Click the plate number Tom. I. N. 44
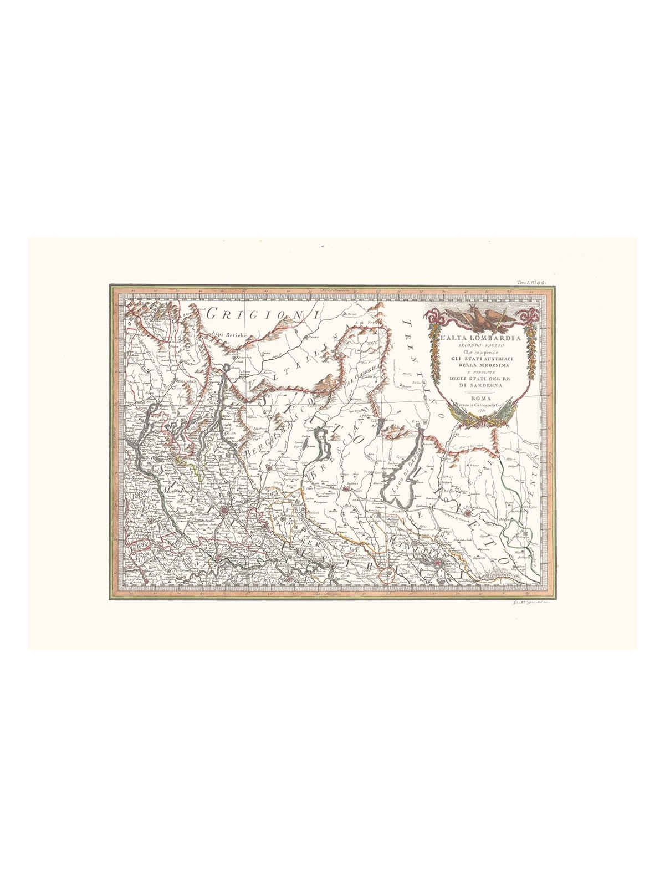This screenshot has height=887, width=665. (x=531, y=283)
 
